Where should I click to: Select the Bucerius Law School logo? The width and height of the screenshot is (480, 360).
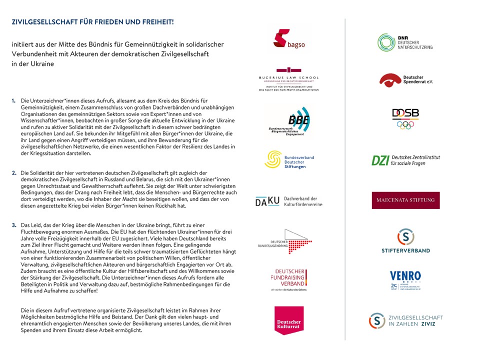(288, 79)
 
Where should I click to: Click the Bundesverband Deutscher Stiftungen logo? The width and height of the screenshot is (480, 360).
(289, 160)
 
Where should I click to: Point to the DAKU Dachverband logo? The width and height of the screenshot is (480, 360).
(288, 201)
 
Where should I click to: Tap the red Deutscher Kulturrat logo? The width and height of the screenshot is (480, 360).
(289, 320)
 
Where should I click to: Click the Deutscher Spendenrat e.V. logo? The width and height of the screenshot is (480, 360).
(405, 80)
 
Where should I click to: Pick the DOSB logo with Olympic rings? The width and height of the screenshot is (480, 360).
(405, 118)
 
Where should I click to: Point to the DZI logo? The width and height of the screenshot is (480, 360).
(405, 160)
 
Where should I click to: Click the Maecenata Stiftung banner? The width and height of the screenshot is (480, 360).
(405, 200)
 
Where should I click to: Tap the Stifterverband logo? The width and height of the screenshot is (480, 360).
(405, 240)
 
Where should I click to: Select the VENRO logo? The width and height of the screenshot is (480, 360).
(405, 280)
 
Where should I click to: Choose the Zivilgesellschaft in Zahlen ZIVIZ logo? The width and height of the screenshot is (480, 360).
(405, 320)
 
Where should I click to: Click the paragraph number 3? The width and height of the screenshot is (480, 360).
(14, 225)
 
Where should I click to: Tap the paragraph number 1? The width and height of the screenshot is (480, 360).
(14, 100)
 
